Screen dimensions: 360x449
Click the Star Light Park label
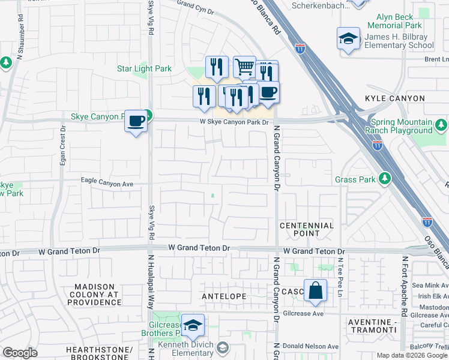[x=144, y=68]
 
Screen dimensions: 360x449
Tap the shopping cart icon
[x=244, y=67]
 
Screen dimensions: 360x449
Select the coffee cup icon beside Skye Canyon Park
[x=136, y=121]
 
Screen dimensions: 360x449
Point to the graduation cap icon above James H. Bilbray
[x=348, y=38]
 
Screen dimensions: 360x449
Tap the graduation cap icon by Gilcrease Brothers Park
[x=193, y=326]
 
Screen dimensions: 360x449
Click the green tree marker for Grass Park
[x=384, y=178]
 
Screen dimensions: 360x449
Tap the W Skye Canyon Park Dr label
[x=232, y=121]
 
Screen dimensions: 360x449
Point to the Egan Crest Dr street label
[x=62, y=151]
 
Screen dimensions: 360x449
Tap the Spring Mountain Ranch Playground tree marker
[x=441, y=125]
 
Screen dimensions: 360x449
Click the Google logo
[x=20, y=353]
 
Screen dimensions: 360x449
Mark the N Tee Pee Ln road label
[x=339, y=277]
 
